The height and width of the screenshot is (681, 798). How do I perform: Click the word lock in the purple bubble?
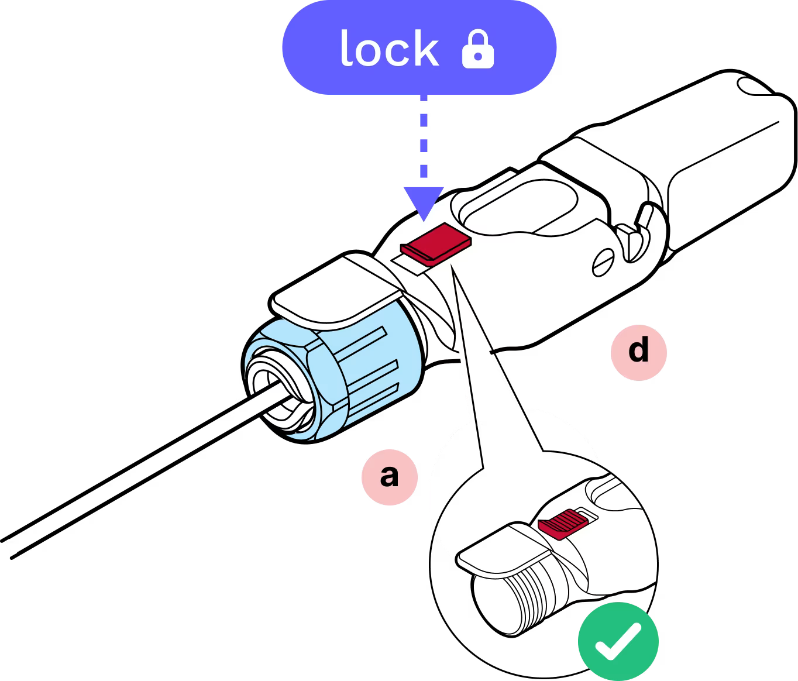389,49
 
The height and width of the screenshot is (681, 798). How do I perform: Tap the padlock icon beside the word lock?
478,50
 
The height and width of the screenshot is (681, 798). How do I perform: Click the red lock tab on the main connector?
438,243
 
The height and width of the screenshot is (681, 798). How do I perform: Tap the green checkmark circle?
618,641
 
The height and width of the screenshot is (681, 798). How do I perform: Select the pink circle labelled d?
638,352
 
